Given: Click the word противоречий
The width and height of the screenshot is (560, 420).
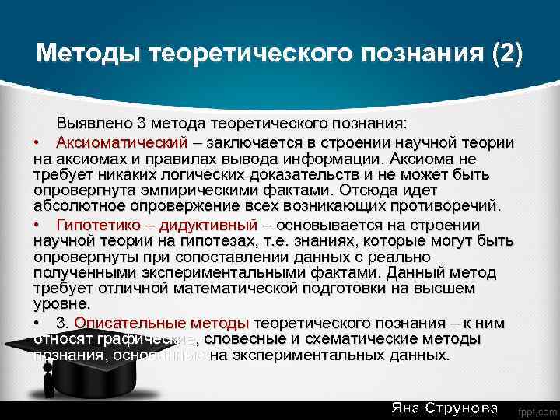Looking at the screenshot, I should [x=450, y=206].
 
